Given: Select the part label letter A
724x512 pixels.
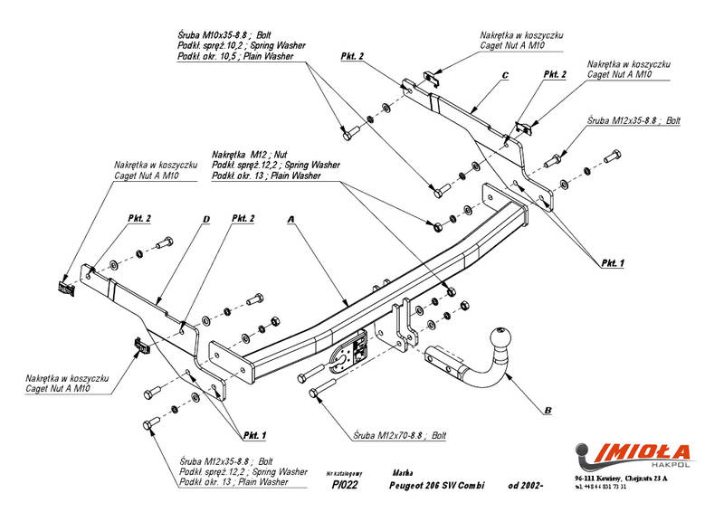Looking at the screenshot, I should [291, 219].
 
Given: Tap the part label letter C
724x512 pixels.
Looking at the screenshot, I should [504, 74].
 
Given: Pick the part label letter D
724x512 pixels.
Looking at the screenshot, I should [206, 219].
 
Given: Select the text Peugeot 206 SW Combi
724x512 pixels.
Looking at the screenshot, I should [436, 485].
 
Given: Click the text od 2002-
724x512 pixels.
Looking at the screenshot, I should [525, 485].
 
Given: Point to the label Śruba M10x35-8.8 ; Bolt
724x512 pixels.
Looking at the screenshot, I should [222, 34].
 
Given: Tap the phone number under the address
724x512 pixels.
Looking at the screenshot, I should [600, 487].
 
